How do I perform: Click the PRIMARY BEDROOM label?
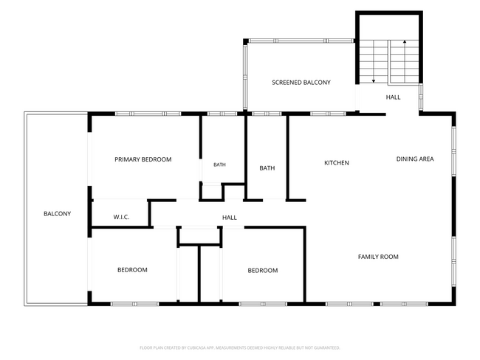[x=143, y=159]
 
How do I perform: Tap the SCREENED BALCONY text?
[x=301, y=83]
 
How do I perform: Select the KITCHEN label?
[x=337, y=163]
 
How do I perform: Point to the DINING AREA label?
[x=415, y=159]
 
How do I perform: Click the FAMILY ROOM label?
[x=378, y=257]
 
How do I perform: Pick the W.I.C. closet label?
[x=121, y=217]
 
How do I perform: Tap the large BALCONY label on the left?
[x=58, y=213]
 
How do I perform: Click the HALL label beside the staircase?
[x=393, y=97]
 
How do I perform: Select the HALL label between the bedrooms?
[x=229, y=218]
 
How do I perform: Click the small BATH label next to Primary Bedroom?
[x=219, y=165]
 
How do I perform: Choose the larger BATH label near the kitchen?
[x=267, y=168]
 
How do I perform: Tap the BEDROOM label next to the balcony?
[x=132, y=270]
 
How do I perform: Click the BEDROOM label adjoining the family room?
[x=263, y=271]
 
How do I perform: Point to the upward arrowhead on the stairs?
[x=405, y=41]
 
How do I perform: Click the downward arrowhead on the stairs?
[x=374, y=81]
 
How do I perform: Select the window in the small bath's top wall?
[x=222, y=114]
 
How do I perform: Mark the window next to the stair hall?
[x=421, y=97]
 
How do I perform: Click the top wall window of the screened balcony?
[x=301, y=41]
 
